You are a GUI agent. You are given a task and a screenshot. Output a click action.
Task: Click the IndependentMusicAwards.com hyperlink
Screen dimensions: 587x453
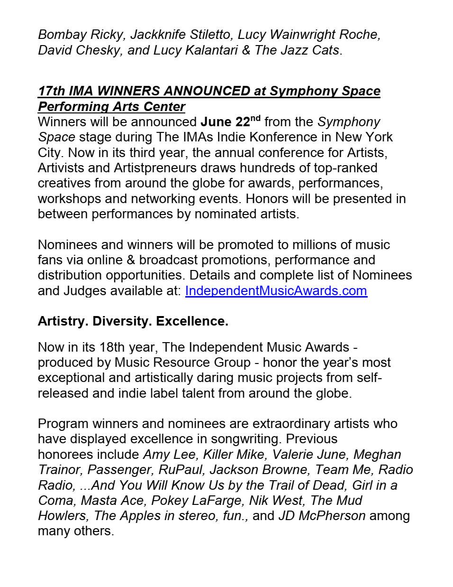tap(276, 290)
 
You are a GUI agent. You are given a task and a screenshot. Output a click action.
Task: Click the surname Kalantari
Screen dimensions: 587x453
tap(208, 50)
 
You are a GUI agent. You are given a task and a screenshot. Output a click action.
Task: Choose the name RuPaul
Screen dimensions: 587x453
tap(180, 469)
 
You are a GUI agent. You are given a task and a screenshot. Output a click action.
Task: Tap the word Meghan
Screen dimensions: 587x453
tap(377, 454)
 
